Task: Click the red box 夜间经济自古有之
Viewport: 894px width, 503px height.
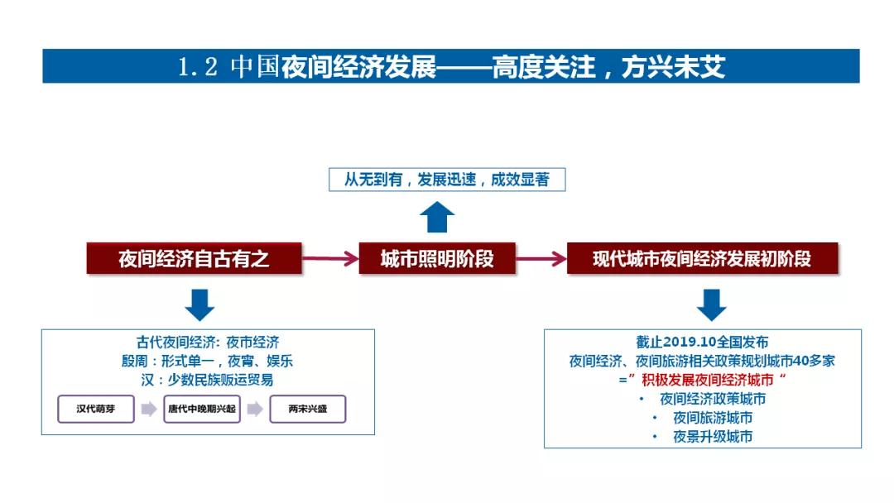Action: click(x=194, y=259)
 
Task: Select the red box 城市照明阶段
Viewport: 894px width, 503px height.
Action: click(x=437, y=259)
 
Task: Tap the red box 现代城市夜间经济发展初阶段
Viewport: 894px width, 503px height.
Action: click(x=703, y=259)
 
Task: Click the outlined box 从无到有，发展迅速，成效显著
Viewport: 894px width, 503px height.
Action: click(x=447, y=180)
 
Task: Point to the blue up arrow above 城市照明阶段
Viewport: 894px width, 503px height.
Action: click(x=437, y=217)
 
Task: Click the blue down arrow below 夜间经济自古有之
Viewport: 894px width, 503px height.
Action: click(x=199, y=304)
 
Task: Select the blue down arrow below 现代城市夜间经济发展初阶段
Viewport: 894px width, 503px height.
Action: click(x=712, y=304)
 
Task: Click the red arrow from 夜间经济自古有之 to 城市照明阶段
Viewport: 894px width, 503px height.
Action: click(x=330, y=259)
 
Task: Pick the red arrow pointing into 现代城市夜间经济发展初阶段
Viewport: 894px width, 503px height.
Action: click(x=541, y=259)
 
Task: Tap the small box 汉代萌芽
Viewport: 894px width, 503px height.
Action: click(x=96, y=409)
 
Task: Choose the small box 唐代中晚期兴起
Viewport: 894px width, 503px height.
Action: click(x=202, y=409)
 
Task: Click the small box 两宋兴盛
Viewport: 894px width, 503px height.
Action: click(x=308, y=409)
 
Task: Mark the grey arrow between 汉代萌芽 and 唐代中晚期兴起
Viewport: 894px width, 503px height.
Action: click(x=149, y=409)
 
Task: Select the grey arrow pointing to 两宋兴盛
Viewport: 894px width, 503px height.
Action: click(x=255, y=409)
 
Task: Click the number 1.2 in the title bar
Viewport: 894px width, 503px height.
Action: click(x=198, y=67)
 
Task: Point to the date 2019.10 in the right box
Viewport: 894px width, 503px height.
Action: click(x=690, y=342)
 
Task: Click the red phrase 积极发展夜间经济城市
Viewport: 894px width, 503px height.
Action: click(x=708, y=380)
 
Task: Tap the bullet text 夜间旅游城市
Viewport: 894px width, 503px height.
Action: click(x=713, y=418)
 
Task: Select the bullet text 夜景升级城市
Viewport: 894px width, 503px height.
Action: click(x=713, y=436)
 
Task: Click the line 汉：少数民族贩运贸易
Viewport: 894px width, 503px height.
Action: click(x=207, y=380)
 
